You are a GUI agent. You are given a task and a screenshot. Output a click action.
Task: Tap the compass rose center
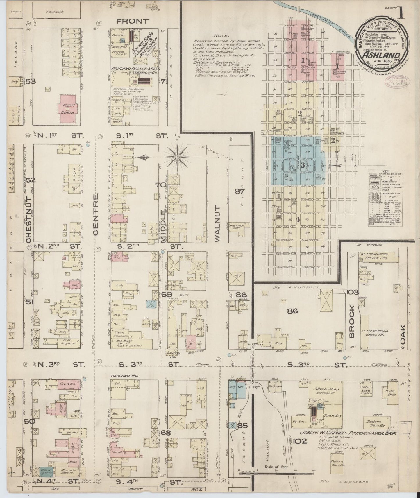click(x=177, y=157)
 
